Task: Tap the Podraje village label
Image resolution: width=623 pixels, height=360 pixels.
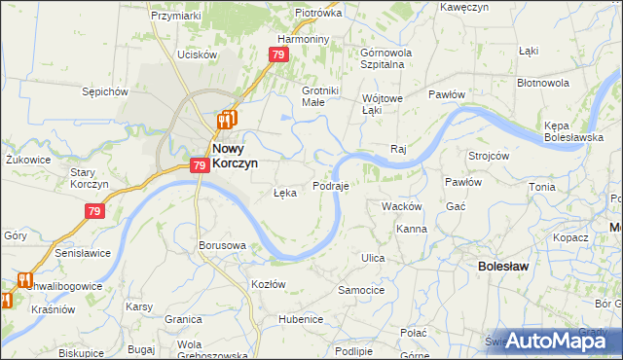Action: [331, 185]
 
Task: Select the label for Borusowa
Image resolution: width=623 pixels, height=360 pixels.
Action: [222, 245]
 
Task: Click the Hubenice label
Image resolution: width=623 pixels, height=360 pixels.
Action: [300, 319]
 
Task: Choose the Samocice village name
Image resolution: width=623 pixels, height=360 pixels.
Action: [361, 290]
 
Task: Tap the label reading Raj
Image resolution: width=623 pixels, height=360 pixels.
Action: [397, 149]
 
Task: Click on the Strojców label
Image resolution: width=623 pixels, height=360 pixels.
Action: [489, 156]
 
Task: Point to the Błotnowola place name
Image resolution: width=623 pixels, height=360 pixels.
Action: [569, 83]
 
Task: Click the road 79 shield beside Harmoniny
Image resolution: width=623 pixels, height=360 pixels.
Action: [279, 55]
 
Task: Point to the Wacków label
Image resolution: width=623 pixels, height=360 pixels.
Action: [401, 206]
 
